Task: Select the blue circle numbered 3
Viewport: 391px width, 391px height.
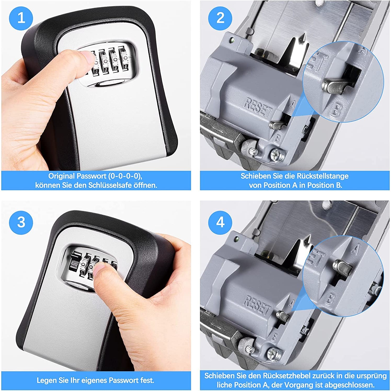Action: point(21,222)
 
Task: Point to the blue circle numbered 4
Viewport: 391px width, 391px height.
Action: point(220,222)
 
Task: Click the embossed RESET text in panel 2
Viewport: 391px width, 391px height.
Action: point(258,107)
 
